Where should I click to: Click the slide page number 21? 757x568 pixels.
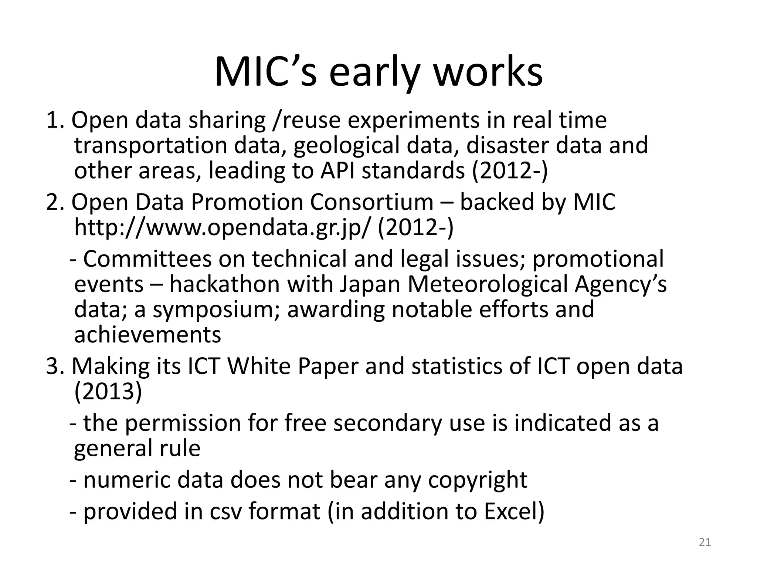[705, 542]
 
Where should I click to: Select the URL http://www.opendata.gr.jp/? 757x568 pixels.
[221, 228]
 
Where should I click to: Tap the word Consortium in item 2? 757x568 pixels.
[371, 203]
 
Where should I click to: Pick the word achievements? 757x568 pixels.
[147, 335]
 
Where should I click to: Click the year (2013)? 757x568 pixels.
[108, 392]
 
